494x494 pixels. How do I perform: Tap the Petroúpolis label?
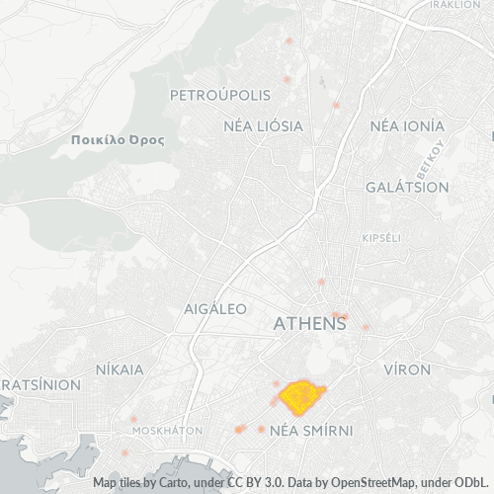[x=220, y=96]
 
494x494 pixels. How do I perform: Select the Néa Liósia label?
[x=264, y=126]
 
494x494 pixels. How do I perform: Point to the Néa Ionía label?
[x=407, y=126]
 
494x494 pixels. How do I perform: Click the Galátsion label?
[x=407, y=187]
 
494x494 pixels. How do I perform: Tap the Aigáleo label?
[x=215, y=309]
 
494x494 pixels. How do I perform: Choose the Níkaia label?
[x=120, y=370]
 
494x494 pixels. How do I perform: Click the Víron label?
[x=406, y=370]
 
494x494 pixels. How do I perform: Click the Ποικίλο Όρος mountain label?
[x=119, y=141]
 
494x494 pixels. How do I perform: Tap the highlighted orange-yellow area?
[x=302, y=397]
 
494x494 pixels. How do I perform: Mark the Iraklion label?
[x=454, y=4]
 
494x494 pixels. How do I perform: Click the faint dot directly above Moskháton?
[x=133, y=419]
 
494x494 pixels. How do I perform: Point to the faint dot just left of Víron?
[x=366, y=327]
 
